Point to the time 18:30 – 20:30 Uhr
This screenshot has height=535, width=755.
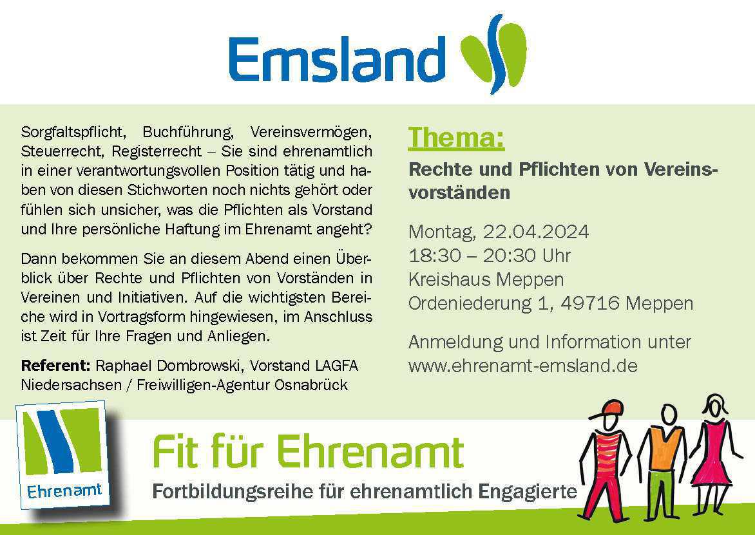[490, 256]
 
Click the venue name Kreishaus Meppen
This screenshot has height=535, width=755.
[486, 279]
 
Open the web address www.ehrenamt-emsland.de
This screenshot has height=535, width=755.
[522, 366]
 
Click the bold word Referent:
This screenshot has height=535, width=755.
[55, 366]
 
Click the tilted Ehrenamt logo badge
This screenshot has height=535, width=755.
[63, 455]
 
